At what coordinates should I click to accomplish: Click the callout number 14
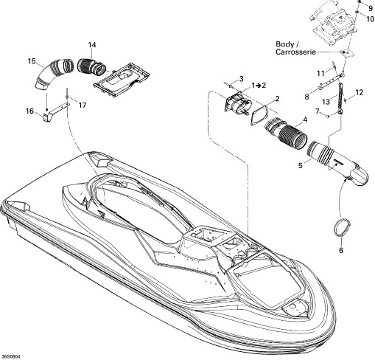click(x=92, y=45)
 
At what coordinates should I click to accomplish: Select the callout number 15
click(x=32, y=61)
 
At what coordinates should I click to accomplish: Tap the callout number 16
click(x=29, y=111)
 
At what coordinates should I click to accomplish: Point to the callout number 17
click(x=83, y=105)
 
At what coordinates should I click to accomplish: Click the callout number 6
click(x=341, y=250)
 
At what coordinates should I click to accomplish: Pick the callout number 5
click(x=301, y=165)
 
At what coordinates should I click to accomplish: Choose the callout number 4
click(x=305, y=120)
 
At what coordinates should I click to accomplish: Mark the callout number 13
click(x=326, y=102)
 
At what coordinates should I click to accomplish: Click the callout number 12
click(x=359, y=93)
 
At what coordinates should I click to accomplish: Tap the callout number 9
click(x=371, y=9)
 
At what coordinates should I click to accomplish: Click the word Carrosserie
click(x=295, y=52)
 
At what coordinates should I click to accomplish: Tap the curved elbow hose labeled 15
click(x=46, y=74)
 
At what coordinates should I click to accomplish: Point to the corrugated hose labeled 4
click(x=286, y=134)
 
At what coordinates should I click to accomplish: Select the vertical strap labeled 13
click(x=340, y=98)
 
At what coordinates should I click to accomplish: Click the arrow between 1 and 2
click(x=259, y=86)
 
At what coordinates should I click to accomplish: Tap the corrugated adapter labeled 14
click(x=92, y=66)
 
